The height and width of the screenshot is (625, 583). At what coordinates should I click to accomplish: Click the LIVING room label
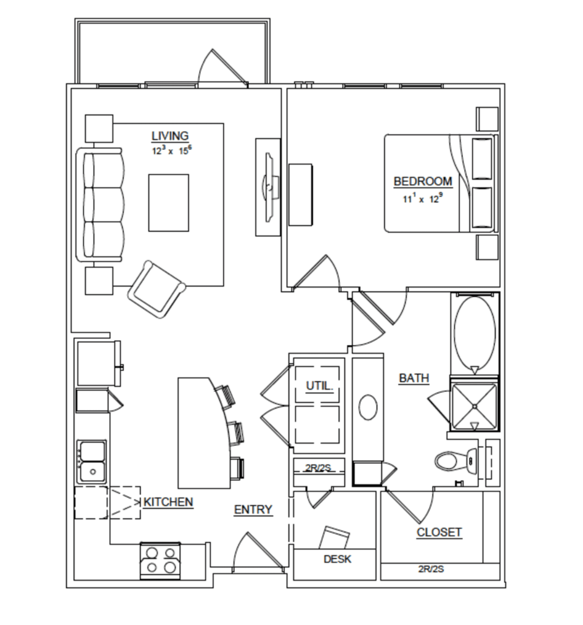[170, 136]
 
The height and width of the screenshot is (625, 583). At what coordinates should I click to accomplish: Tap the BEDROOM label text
[423, 181]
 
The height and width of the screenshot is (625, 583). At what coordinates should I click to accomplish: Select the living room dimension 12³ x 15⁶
[172, 150]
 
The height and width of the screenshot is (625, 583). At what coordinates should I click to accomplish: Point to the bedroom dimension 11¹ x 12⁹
[423, 199]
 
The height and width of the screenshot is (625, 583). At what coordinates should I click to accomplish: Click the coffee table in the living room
[169, 203]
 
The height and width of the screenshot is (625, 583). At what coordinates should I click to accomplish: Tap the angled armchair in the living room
[157, 289]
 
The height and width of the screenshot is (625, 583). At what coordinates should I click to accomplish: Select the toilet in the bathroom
[456, 461]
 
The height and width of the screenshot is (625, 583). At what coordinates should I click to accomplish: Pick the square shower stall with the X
[475, 407]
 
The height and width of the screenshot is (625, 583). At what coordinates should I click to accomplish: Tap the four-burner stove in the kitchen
[160, 561]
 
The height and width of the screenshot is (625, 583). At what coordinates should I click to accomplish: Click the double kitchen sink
[92, 462]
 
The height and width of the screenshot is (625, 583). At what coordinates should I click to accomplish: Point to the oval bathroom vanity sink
[368, 407]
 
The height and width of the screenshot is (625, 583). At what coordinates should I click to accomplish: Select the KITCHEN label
[168, 502]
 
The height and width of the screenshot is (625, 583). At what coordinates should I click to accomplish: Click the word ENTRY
[253, 510]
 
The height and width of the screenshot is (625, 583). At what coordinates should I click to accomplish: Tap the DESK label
[337, 559]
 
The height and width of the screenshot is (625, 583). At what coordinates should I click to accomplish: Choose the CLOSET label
[439, 532]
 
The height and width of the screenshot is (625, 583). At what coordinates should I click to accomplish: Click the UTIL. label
[320, 385]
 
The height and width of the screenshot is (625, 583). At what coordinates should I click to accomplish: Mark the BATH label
[414, 378]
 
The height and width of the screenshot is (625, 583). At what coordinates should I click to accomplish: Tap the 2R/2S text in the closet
[431, 569]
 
